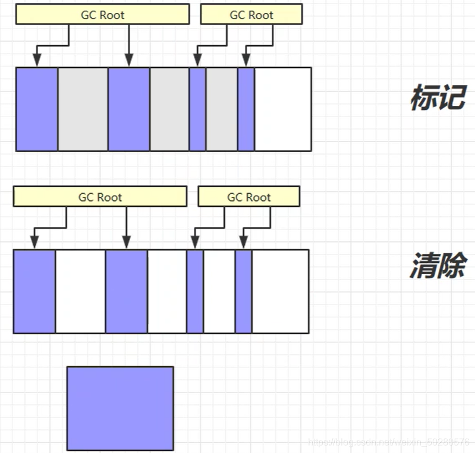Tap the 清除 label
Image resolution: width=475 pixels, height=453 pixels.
click(x=438, y=267)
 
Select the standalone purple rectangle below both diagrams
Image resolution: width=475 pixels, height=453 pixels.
click(x=120, y=408)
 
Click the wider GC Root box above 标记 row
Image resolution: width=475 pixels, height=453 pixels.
click(x=102, y=15)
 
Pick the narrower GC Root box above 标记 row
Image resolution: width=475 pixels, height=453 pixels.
click(x=251, y=15)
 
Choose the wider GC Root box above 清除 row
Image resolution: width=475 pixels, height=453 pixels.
click(x=100, y=197)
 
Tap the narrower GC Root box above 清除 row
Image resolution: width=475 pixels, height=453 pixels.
click(x=248, y=197)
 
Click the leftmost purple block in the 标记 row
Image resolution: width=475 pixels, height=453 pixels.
click(x=37, y=109)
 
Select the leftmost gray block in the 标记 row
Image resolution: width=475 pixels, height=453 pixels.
click(x=83, y=109)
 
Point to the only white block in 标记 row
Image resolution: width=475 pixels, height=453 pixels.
click(x=282, y=109)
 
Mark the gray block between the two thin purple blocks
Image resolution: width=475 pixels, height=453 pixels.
click(x=221, y=109)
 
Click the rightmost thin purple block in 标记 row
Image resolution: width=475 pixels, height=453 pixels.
click(x=246, y=109)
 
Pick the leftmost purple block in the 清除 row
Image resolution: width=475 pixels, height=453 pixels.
click(x=34, y=291)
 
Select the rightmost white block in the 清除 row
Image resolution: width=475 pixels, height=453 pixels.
click(x=280, y=291)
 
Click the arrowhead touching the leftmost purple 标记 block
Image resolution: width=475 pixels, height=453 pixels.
click(x=37, y=61)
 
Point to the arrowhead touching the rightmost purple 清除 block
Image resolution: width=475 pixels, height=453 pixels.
click(x=243, y=243)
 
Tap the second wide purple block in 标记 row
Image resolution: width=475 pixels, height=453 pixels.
click(x=128, y=109)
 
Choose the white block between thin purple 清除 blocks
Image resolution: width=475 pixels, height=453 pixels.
click(x=219, y=291)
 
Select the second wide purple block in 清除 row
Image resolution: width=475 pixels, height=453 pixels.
click(x=126, y=291)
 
